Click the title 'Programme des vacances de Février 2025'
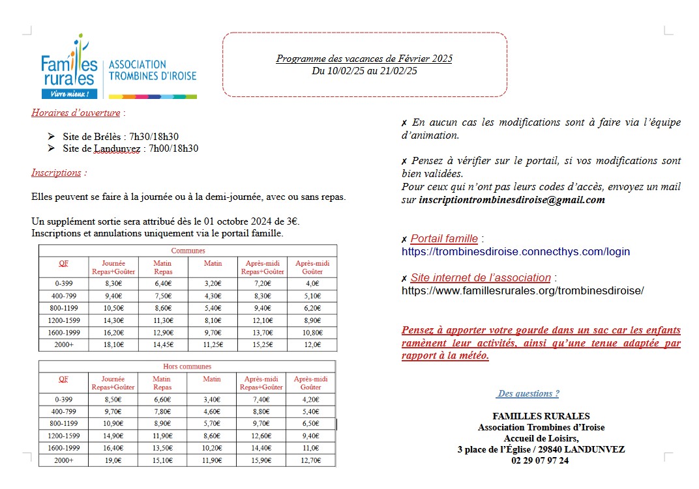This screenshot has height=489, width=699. [x=364, y=59]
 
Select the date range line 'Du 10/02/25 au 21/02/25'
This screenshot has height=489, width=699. [x=364, y=71]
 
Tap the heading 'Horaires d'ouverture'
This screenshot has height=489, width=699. [x=76, y=113]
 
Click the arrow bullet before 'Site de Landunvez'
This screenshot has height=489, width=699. [x=52, y=148]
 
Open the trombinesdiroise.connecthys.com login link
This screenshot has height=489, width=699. [x=516, y=252]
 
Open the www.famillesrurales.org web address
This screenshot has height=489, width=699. [x=522, y=291]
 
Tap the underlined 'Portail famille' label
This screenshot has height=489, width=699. [x=444, y=239]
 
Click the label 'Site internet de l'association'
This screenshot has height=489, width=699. [x=481, y=278]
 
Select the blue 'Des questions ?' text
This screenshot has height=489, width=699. [x=528, y=394]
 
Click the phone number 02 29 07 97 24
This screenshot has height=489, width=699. [x=541, y=460]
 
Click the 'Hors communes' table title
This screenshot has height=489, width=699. [x=187, y=367]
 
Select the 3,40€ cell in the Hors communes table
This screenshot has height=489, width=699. [x=211, y=399]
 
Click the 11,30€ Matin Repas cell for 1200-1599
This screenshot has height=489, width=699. [x=162, y=320]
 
